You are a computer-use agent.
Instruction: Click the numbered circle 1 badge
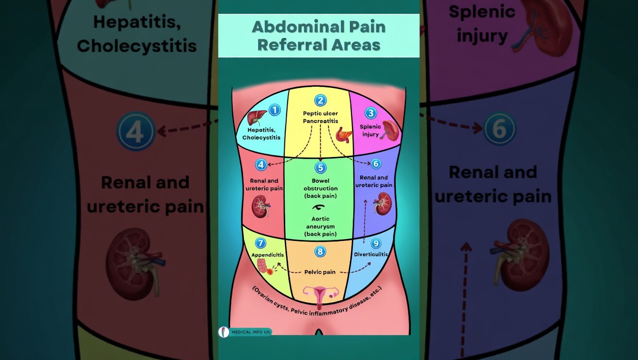(x=274, y=110)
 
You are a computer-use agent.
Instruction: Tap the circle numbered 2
(x=320, y=100)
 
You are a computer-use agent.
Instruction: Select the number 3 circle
(x=371, y=113)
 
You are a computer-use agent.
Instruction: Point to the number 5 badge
(x=320, y=168)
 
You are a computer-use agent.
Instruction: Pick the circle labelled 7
(x=260, y=243)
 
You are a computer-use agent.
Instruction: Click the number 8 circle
(x=320, y=252)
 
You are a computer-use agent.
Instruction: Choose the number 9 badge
(x=376, y=243)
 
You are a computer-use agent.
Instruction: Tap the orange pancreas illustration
(x=344, y=135)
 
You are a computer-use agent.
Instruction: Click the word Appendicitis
(x=267, y=255)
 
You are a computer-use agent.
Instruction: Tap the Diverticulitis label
(x=371, y=255)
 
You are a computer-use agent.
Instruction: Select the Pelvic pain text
(x=320, y=272)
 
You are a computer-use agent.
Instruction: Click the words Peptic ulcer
(x=320, y=113)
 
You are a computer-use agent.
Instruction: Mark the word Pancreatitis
(x=320, y=121)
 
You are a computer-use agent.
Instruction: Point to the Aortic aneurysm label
(x=320, y=223)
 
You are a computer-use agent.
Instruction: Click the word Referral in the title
(x=290, y=45)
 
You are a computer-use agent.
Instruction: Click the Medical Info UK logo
(x=245, y=332)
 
